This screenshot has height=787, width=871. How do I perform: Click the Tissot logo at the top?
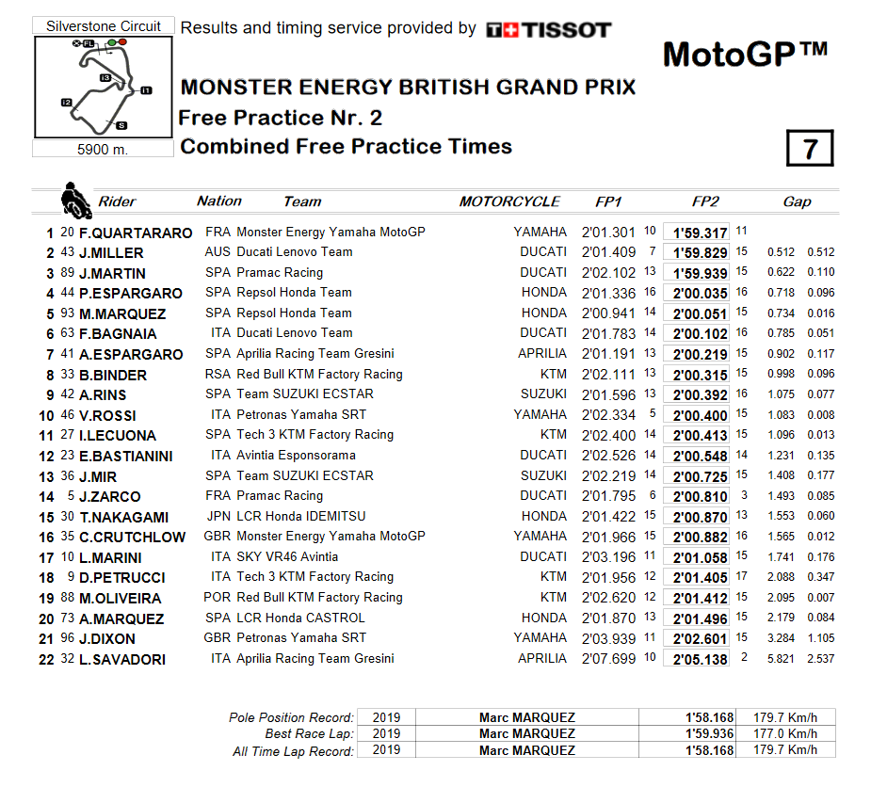(x=549, y=30)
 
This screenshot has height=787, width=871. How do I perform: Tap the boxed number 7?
(x=809, y=149)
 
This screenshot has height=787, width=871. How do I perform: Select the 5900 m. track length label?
(x=103, y=149)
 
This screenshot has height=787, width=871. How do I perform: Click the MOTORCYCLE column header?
(x=509, y=201)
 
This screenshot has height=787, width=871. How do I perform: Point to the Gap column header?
(x=798, y=201)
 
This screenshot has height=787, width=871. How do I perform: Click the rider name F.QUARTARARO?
(x=136, y=233)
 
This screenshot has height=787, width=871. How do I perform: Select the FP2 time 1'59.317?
(x=696, y=233)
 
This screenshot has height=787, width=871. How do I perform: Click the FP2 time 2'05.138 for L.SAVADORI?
(x=696, y=659)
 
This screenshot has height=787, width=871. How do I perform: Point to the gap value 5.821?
(x=781, y=659)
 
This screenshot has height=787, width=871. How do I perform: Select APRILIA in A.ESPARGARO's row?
(x=542, y=354)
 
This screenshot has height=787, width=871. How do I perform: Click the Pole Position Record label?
(x=292, y=717)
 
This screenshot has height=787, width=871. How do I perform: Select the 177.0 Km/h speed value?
(x=784, y=733)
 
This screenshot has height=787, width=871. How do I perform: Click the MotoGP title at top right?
(x=744, y=55)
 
